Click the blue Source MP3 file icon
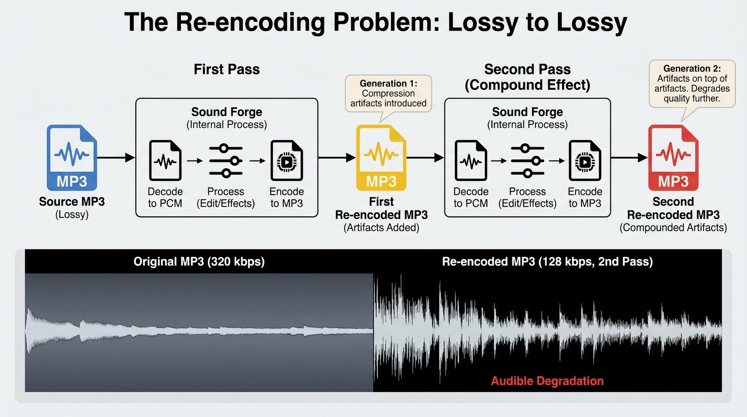(x=72, y=158)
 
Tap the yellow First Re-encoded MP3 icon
(x=381, y=158)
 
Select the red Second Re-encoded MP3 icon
(x=673, y=158)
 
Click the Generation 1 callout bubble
(x=388, y=94)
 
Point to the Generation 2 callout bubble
(x=692, y=84)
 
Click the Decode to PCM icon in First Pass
(x=165, y=160)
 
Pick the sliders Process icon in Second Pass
(x=527, y=161)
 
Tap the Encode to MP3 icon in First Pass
(x=286, y=160)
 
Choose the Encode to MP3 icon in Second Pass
(x=585, y=160)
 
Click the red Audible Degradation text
(x=547, y=381)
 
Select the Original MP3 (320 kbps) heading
(x=199, y=262)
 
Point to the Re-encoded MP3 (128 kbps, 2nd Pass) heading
(x=547, y=262)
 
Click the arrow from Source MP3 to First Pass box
(x=116, y=158)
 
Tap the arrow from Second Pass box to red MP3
(x=629, y=158)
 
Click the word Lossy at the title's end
(x=592, y=22)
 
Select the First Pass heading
(x=227, y=69)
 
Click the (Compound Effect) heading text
(x=527, y=85)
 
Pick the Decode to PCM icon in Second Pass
(x=471, y=160)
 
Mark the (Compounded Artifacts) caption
(x=673, y=228)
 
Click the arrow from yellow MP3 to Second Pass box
(x=425, y=158)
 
